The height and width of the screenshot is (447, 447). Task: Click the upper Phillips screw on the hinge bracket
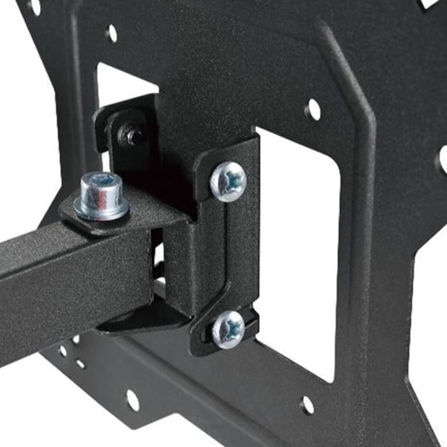pos(228,181)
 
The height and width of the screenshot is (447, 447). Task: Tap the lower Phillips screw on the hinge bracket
pos(228,329)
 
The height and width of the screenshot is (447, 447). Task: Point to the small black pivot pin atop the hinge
pos(133,135)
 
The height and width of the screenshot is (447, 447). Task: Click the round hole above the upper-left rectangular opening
pos(112,33)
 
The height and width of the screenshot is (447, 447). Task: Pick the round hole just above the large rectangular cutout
pos(313,110)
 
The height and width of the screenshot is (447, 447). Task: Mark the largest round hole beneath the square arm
pos(132,400)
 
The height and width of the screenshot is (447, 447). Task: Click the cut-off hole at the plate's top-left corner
pos(32,6)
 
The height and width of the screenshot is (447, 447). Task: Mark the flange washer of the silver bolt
pos(102,208)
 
